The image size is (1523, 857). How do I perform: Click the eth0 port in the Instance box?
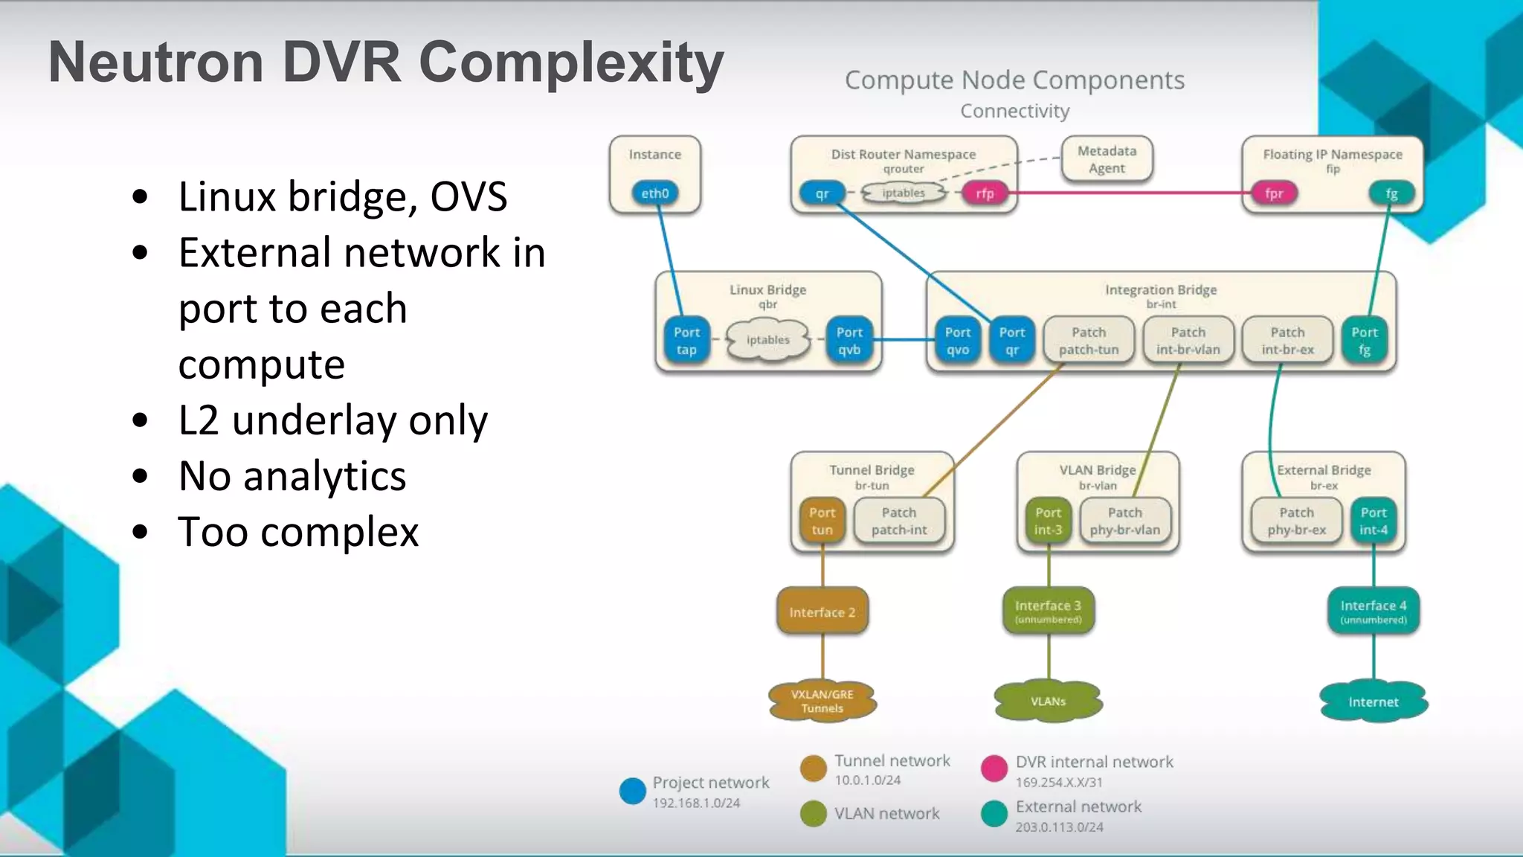click(x=654, y=193)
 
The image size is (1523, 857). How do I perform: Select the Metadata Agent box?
click(x=1107, y=159)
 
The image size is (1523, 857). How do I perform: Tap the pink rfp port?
click(x=985, y=193)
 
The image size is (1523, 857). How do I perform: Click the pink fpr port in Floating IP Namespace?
click(x=1274, y=193)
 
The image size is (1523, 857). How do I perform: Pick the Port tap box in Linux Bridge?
click(x=686, y=341)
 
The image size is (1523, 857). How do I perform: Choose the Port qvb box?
click(x=849, y=341)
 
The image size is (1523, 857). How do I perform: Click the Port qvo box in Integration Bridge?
click(x=958, y=341)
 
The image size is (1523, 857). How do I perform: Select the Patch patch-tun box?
click(x=1089, y=341)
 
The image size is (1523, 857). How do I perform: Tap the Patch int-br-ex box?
click(x=1287, y=341)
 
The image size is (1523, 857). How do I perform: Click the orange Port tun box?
click(x=822, y=521)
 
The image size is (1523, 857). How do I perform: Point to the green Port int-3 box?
click(x=1048, y=521)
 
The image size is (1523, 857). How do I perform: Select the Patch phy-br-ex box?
click(x=1296, y=521)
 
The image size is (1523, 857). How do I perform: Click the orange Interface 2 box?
click(x=822, y=612)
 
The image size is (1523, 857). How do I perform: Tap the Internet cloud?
click(x=1373, y=702)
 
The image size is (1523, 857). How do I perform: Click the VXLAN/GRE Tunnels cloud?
click(x=822, y=701)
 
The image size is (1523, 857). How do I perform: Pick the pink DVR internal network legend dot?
click(x=994, y=768)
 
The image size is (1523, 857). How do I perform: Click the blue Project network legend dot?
click(x=632, y=791)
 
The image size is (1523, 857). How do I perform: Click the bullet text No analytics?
click(x=292, y=476)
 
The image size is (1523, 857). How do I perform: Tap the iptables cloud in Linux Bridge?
click(x=767, y=340)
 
